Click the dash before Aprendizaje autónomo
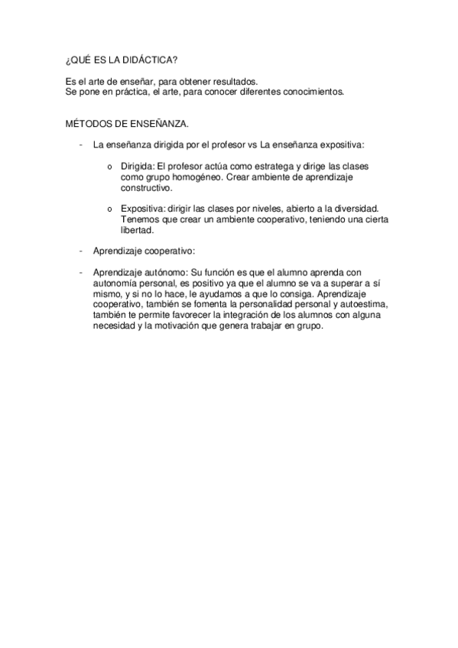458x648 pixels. pos(81,272)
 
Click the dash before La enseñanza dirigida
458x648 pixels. pos(81,144)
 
